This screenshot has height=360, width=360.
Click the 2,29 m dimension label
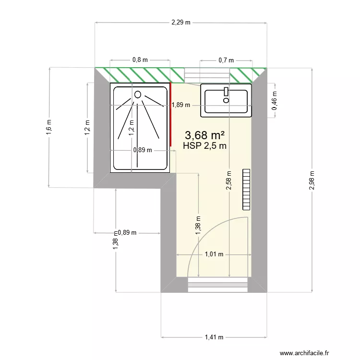180,22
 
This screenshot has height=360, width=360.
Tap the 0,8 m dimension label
140,60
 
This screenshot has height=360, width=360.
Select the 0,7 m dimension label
226,60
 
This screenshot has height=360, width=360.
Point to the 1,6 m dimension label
48,127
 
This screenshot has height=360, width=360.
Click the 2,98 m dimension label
312,180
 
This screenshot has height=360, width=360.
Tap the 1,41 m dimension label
214,337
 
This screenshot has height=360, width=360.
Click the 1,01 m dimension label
214,254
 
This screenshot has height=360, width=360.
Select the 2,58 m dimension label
229,180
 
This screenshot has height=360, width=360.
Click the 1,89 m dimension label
181,105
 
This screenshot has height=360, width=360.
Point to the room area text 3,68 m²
205,136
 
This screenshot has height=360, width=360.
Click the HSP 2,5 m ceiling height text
205,146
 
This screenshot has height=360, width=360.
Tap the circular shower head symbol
138,95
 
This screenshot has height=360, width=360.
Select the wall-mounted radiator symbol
247,189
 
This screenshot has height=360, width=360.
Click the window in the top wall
207,75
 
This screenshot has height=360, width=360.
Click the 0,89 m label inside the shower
142,150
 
